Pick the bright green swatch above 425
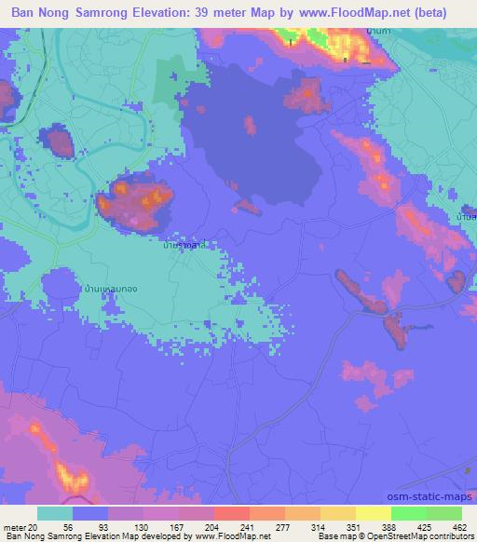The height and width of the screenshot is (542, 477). coord(410,513)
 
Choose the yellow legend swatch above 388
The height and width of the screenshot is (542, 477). coord(375,513)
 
